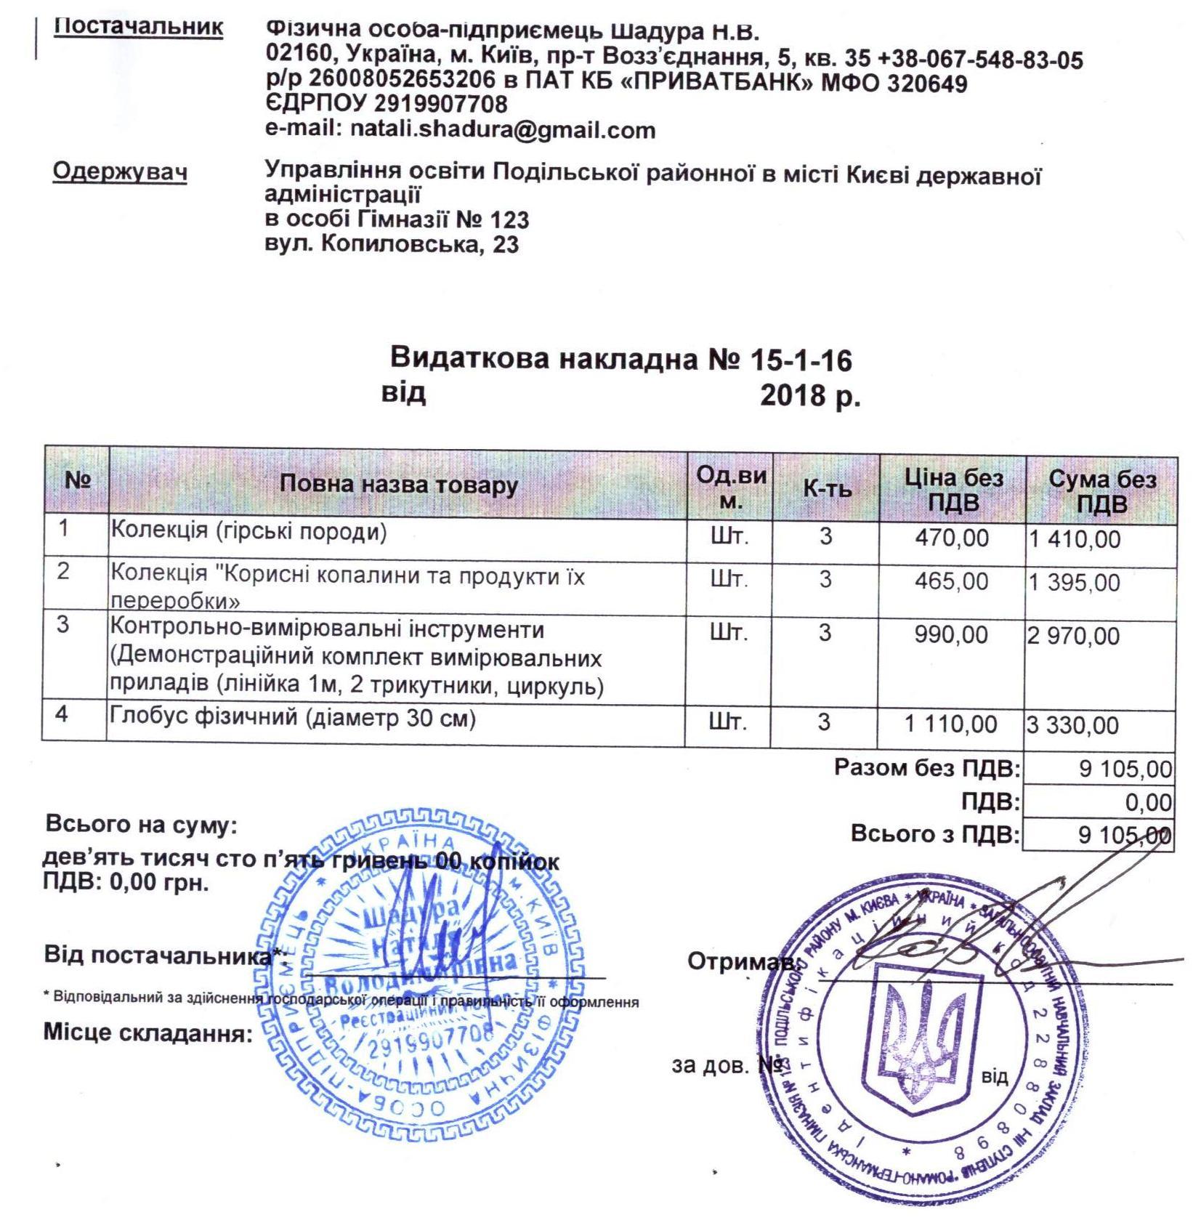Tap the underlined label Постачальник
click(139, 27)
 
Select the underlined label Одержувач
click(120, 171)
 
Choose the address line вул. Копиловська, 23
click(392, 244)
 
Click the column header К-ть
click(826, 489)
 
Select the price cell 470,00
click(953, 538)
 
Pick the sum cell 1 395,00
click(1075, 583)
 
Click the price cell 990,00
click(952, 635)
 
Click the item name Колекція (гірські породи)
click(248, 532)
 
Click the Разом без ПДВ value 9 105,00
click(1125, 769)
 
